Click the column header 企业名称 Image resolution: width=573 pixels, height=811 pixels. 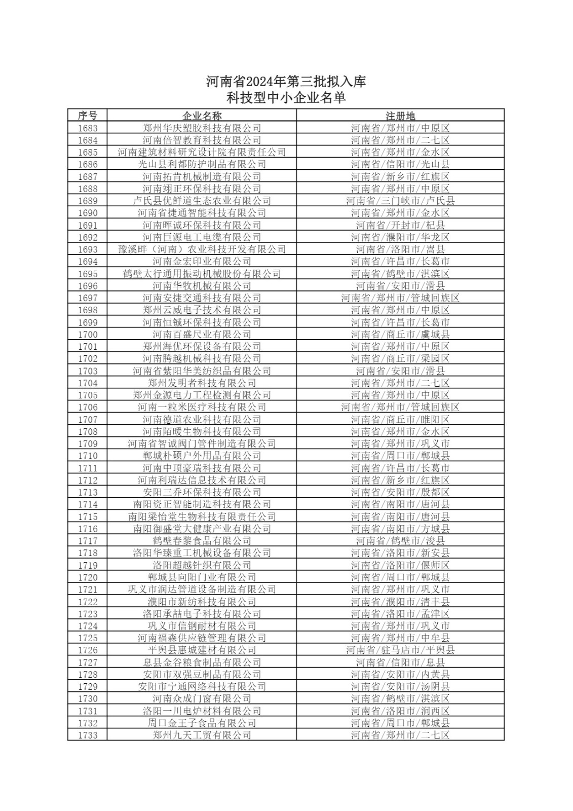click(x=202, y=116)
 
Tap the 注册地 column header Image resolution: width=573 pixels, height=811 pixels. click(x=400, y=116)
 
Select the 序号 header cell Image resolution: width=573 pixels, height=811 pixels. click(x=87, y=116)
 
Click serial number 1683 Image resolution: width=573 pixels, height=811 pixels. click(x=88, y=128)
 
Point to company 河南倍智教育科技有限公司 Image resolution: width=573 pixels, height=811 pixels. click(x=202, y=140)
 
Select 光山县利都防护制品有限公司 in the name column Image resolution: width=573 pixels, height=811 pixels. click(x=202, y=164)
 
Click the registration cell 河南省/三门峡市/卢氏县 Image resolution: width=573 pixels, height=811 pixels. click(x=400, y=201)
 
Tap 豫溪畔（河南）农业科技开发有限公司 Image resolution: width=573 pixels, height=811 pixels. click(x=202, y=249)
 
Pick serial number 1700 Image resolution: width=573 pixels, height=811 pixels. click(x=88, y=335)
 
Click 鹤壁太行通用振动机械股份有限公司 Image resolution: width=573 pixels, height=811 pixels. click(x=202, y=274)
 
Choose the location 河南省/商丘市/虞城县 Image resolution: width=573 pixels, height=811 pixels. click(x=400, y=335)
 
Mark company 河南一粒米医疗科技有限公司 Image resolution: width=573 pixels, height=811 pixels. click(x=202, y=407)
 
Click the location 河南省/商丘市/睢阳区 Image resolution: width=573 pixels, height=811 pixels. click(x=400, y=419)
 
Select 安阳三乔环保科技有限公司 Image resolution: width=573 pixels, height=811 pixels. click(x=202, y=492)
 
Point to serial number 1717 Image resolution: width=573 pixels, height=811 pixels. click(x=88, y=541)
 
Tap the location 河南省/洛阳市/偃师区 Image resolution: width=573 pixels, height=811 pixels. click(x=400, y=565)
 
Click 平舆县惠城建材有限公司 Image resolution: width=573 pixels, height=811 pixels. click(x=202, y=650)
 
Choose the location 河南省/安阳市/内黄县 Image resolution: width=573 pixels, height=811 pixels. click(x=400, y=674)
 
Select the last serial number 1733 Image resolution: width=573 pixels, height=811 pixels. click(x=88, y=735)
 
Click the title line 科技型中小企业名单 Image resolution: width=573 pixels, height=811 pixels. click(x=286, y=98)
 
